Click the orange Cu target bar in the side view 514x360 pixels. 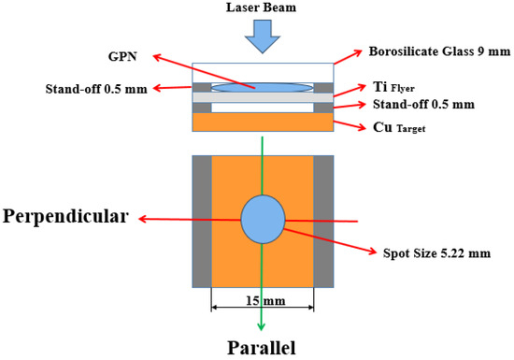point(262,122)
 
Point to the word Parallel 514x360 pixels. point(262,348)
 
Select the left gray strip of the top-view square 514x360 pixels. point(202,221)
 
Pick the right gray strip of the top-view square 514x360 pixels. point(322,221)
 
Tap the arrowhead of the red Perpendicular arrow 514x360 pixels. point(141,221)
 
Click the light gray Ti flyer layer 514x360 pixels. point(262,97)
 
